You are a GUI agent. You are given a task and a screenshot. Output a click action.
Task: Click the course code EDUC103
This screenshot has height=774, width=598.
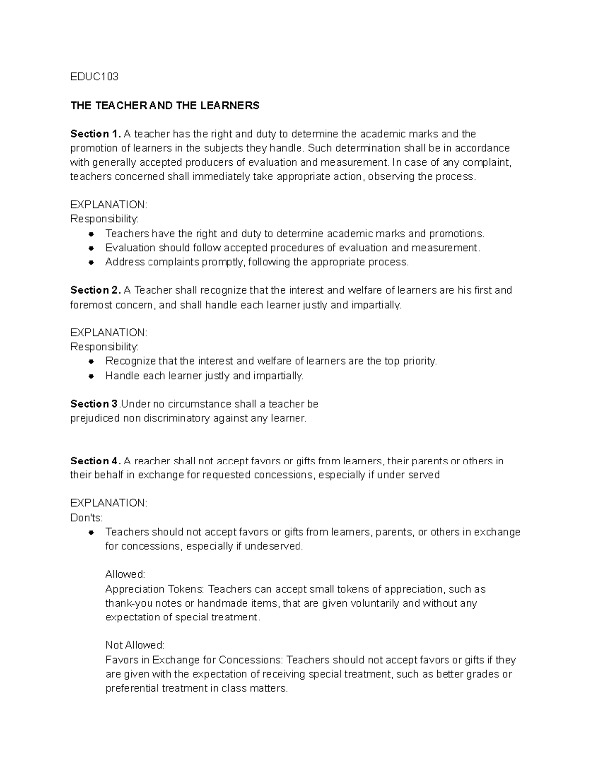point(94,77)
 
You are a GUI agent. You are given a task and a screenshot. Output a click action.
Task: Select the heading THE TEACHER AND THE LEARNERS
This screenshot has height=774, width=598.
point(165,105)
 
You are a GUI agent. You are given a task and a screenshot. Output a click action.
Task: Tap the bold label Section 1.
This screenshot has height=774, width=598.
point(95,134)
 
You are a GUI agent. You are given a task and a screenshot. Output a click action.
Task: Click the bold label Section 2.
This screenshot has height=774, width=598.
point(95,290)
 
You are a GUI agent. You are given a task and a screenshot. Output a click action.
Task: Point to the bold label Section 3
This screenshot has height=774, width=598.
point(94,404)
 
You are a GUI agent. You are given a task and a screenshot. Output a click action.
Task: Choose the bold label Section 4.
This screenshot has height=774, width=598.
point(95,461)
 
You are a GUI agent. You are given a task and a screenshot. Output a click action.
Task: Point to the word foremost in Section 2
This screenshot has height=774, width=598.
point(90,305)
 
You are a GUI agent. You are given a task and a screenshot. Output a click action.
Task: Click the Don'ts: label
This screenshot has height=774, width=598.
point(86,518)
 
